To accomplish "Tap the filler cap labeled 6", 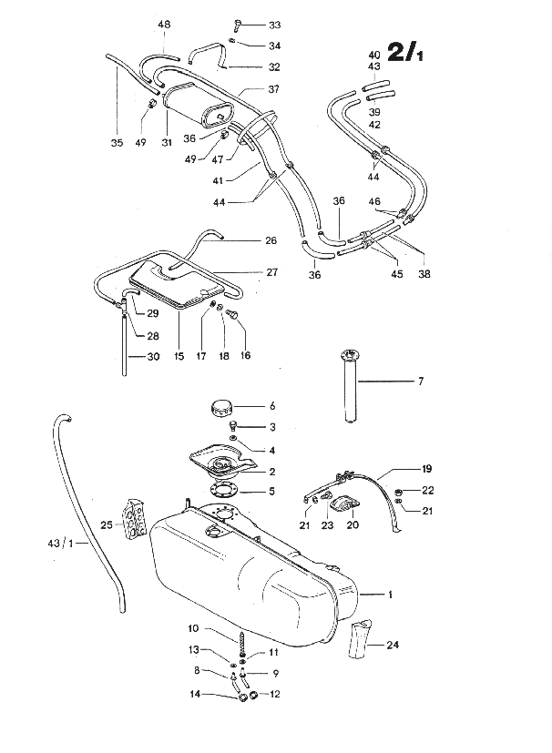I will pos(222,407).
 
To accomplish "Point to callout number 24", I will pos(393,646).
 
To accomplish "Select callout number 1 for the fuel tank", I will pos(389,595).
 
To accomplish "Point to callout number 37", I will pos(273,89).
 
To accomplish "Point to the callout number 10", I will pos(193,628).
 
